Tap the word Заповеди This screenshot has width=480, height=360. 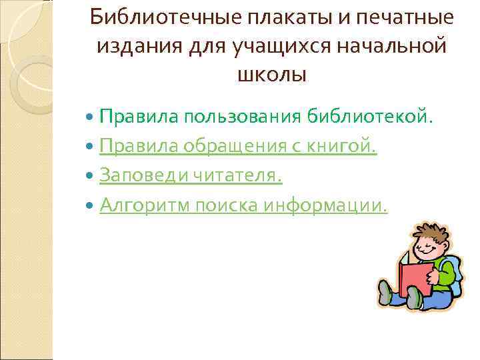(141, 176)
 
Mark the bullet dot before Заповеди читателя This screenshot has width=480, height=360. (91, 177)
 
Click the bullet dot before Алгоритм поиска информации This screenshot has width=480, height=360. (91, 206)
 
